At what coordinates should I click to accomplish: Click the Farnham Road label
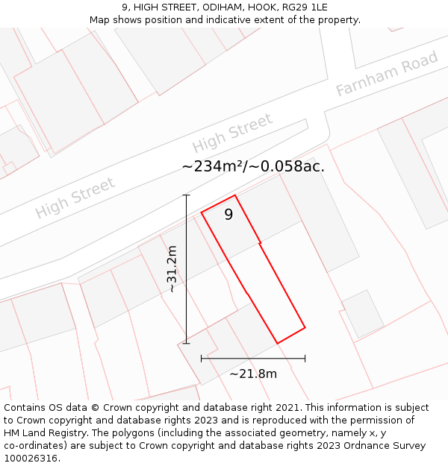pyautogui.click(x=386, y=75)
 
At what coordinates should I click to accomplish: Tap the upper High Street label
pyautogui.click(x=232, y=133)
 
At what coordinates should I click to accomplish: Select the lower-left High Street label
pyautogui.click(x=75, y=198)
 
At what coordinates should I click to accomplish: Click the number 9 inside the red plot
pyautogui.click(x=228, y=215)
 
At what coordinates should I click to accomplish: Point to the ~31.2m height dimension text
pyautogui.click(x=172, y=269)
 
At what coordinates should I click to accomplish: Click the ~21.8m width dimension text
pyautogui.click(x=252, y=374)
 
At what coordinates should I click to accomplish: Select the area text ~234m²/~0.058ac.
pyautogui.click(x=253, y=166)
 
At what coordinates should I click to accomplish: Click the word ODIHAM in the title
pyautogui.click(x=223, y=7)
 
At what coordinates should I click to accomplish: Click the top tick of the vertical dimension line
pyautogui.click(x=187, y=195)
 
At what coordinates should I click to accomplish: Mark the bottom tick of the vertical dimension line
pyautogui.click(x=187, y=343)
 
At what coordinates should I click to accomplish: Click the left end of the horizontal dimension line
pyautogui.click(x=202, y=359)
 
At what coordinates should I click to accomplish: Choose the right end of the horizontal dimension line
pyautogui.click(x=305, y=359)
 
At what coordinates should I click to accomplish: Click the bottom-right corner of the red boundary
pyautogui.click(x=305, y=327)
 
